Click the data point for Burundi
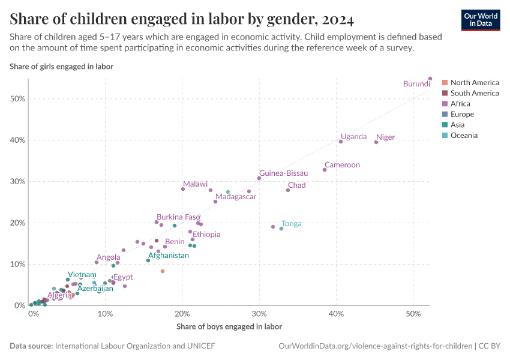click(430, 79)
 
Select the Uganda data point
click(341, 142)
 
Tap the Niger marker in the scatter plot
click(376, 142)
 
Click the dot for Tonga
click(281, 229)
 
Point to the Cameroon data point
click(325, 170)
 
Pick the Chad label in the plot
click(296, 185)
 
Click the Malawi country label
click(195, 184)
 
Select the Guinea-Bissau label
click(283, 173)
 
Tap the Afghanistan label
click(169, 255)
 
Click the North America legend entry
click(474, 83)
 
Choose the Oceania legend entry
click(464, 136)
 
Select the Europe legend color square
click(445, 115)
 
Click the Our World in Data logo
click(480, 19)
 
